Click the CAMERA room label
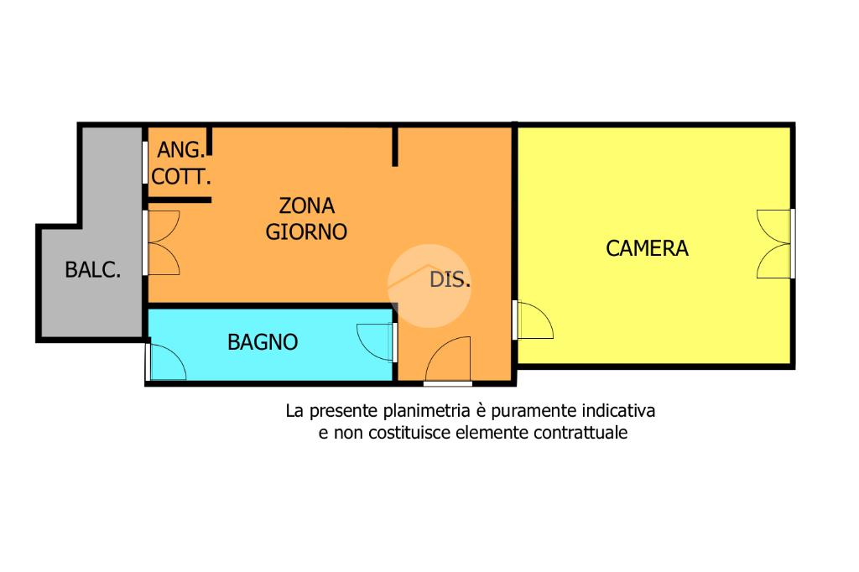[647, 248]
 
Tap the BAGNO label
[263, 342]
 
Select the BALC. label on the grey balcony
[93, 270]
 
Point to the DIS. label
[450, 280]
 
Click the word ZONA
[306, 205]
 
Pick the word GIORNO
[306, 231]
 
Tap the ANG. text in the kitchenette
[180, 151]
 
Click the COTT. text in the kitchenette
[181, 178]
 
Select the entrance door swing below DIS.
[448, 361]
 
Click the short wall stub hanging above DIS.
[395, 147]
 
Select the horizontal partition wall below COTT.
[179, 200]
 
